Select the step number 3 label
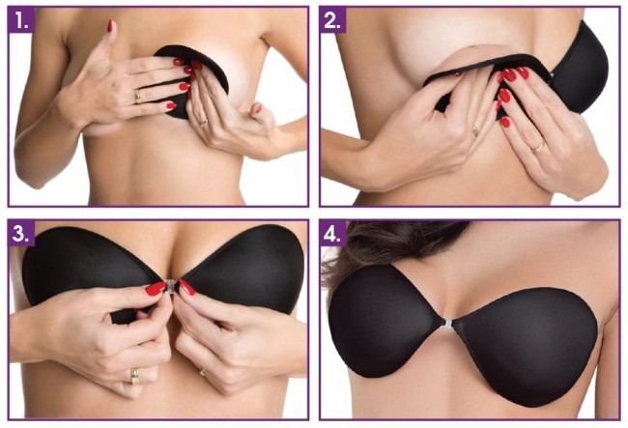[21, 233]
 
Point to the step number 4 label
[333, 233]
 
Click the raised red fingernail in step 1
[110, 26]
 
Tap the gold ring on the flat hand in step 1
[137, 96]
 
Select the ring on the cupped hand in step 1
[204, 122]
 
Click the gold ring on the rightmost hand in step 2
[538, 148]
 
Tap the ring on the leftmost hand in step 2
[475, 131]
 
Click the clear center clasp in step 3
[171, 286]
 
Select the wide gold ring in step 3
[134, 376]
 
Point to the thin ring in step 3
[203, 372]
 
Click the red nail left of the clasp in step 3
[156, 288]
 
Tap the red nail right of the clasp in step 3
[187, 288]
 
